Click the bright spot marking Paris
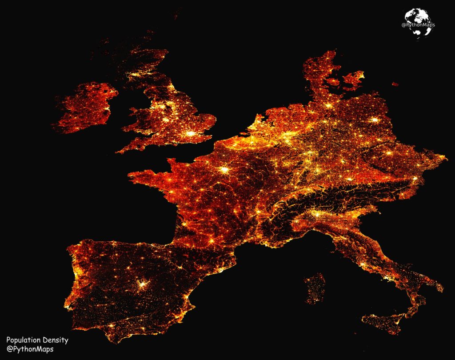[225, 169]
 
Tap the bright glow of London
[191, 133]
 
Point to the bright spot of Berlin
[375, 120]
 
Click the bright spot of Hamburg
[329, 105]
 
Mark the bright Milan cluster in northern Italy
[317, 214]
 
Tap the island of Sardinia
[315, 288]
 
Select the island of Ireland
[84, 107]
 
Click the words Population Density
[37, 340]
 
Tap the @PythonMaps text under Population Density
[30, 349]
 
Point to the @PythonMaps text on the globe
[418, 25]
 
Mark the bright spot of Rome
[365, 265]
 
